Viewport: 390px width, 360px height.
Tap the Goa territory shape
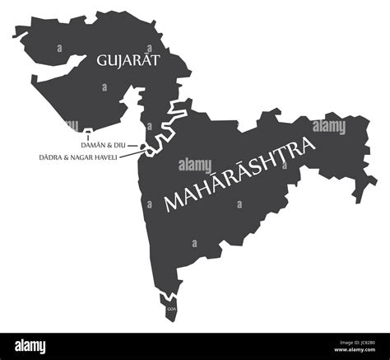(x=170, y=306)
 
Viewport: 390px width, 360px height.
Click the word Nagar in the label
(x=84, y=156)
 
